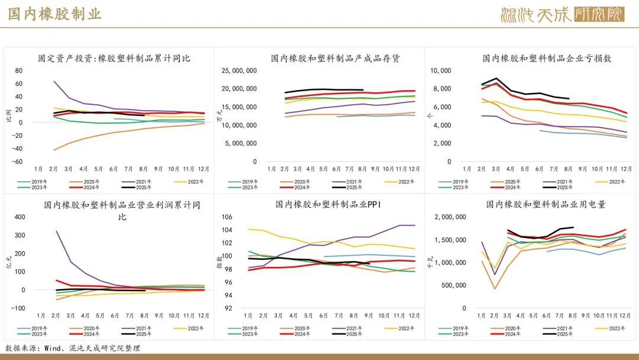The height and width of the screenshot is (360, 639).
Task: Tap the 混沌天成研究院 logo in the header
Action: (x=561, y=14)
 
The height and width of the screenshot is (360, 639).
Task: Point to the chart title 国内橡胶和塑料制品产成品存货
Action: (x=335, y=59)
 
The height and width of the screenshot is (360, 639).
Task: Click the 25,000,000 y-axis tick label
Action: (x=239, y=70)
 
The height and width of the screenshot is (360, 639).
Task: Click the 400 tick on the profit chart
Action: (x=20, y=217)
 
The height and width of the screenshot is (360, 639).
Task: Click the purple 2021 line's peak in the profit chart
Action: (x=56, y=231)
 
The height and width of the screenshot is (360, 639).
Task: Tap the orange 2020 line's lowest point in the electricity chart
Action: (x=495, y=288)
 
